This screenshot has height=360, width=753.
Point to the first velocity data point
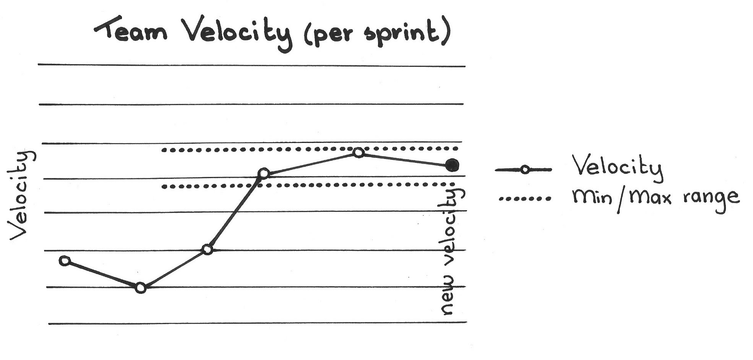[x=65, y=261]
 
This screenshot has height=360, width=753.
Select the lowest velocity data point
[x=141, y=288]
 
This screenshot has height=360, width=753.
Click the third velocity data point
[x=207, y=250]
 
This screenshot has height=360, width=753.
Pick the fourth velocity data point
[x=263, y=174]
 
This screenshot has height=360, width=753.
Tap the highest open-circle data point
[x=358, y=152]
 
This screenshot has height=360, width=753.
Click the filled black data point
[x=453, y=165]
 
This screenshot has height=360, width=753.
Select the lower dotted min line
[x=306, y=186]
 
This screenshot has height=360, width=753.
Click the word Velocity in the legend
[x=617, y=167]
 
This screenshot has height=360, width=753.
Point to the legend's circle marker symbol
[x=525, y=170]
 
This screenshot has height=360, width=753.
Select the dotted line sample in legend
[x=524, y=199]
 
